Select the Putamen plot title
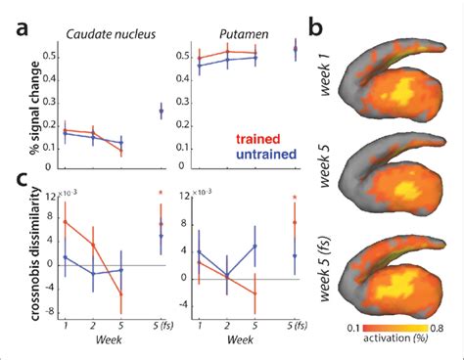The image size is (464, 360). tap(240, 32)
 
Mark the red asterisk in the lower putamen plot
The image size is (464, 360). tap(296, 206)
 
